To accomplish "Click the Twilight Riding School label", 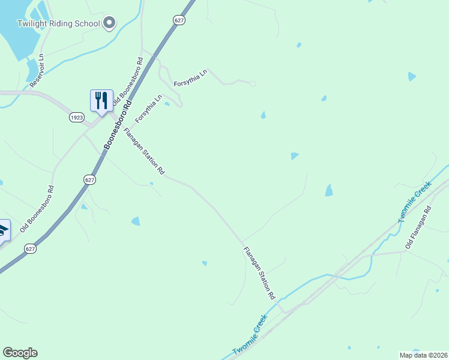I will coord(59,23).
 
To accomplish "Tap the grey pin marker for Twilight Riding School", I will coord(109,23).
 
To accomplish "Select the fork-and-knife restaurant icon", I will coord(101,100).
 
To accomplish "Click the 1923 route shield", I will coord(76,117).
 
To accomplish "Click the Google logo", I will coord(20,353).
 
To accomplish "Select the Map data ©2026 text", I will coord(423,355).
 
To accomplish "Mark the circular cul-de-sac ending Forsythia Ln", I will coord(253,83).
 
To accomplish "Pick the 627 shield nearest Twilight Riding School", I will coord(179,20).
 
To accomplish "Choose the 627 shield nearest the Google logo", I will coord(31,248).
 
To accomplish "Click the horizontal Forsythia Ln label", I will coord(190,77).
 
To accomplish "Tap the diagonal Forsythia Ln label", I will coord(148,109).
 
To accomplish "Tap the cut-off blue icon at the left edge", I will coord(3,230).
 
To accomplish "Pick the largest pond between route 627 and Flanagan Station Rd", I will coord(136,221).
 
